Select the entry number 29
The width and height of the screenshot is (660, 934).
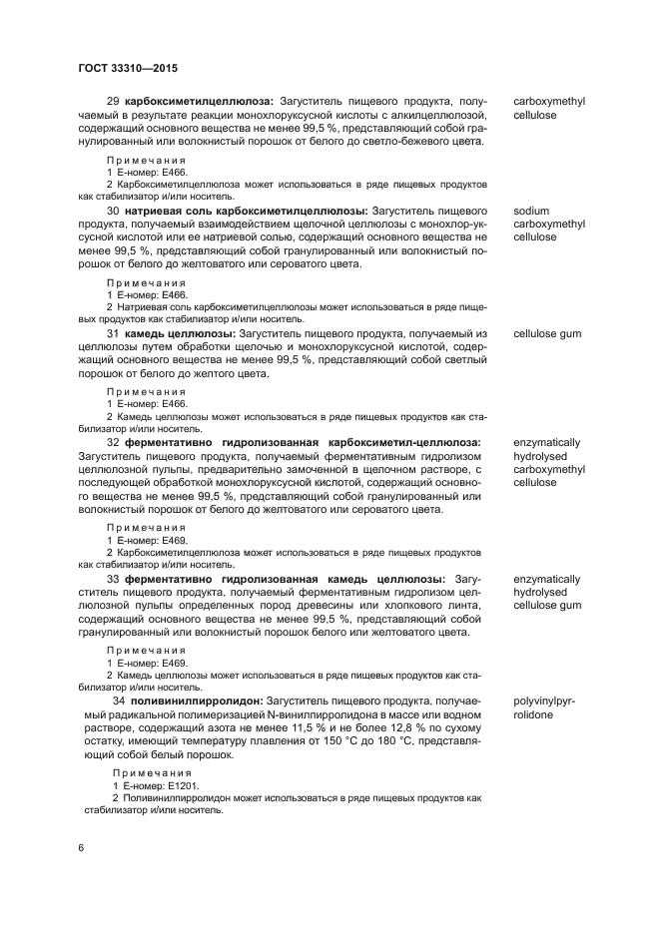click(112, 101)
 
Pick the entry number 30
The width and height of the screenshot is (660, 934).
click(112, 212)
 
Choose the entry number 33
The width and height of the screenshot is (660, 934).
click(112, 579)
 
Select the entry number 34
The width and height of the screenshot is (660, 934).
click(119, 701)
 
